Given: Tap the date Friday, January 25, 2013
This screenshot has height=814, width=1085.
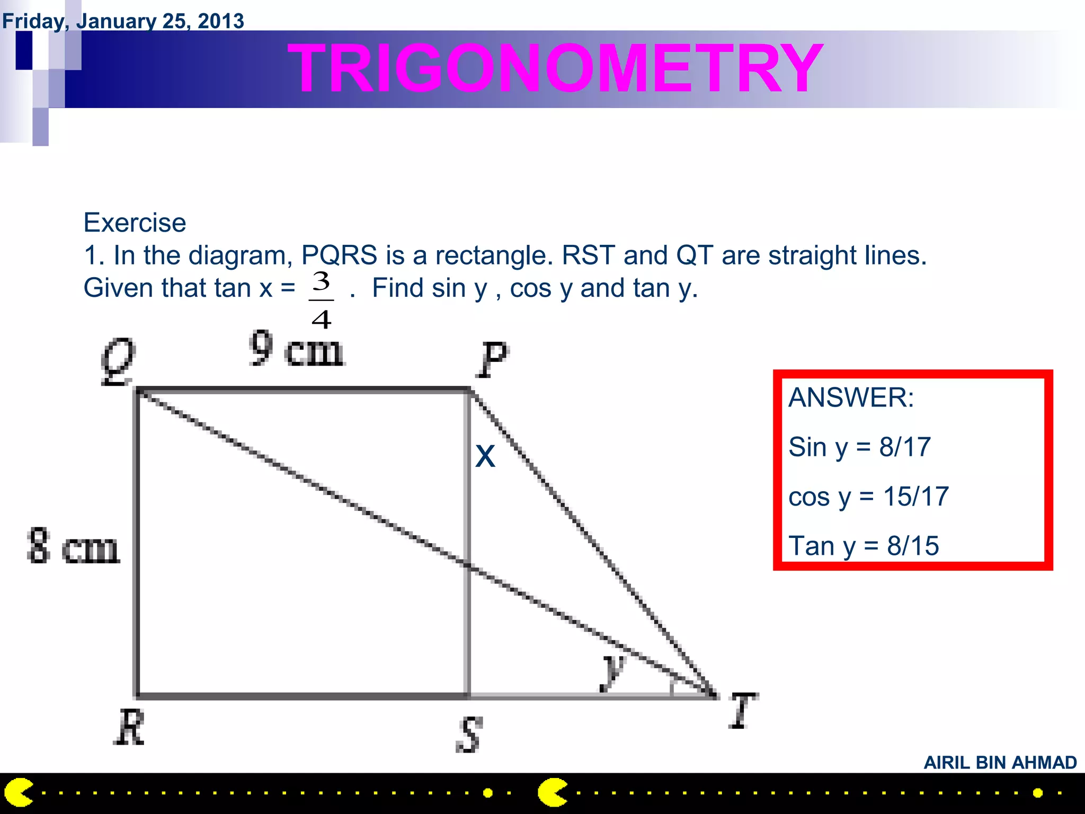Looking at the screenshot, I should tap(123, 21).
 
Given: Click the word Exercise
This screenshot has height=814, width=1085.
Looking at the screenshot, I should tap(135, 223).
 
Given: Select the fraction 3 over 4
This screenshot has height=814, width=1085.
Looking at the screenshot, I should tap(322, 300).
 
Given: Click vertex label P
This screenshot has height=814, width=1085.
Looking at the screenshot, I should tap(493, 359).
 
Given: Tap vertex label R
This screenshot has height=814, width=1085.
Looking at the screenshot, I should tap(129, 727).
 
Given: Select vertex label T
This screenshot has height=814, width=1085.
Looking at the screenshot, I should tap(743, 710).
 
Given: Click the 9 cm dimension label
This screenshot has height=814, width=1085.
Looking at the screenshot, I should tap(297, 349).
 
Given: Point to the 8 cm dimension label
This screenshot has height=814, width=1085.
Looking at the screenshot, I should tap(73, 546).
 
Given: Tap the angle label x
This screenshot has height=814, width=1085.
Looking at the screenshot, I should tap(485, 456).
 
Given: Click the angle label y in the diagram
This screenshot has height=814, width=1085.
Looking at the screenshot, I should tap(613, 672).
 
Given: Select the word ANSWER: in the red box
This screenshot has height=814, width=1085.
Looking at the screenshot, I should tap(851, 397).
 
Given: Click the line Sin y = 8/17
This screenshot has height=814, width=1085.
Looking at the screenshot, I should tap(859, 447).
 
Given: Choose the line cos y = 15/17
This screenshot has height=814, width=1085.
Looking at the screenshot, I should tap(868, 497).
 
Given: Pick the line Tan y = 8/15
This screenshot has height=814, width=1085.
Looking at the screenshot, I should tap(864, 546).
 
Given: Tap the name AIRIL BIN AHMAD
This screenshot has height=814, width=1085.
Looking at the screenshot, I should tap(1000, 763).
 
